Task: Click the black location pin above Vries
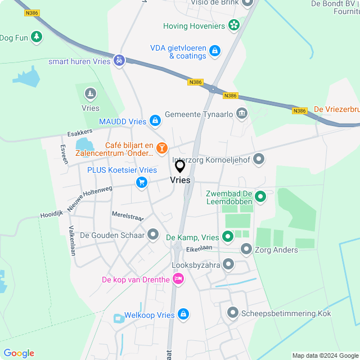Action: pyautogui.click(x=180, y=166)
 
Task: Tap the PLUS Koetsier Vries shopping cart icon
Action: pyautogui.click(x=141, y=182)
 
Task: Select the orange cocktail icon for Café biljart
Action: pyautogui.click(x=161, y=148)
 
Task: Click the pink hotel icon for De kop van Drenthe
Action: pyautogui.click(x=178, y=278)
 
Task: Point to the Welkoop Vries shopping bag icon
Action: pyautogui.click(x=183, y=314)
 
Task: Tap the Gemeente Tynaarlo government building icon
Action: pyautogui.click(x=242, y=114)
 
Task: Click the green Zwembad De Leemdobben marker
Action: pyautogui.click(x=260, y=197)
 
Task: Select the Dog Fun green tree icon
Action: pyautogui.click(x=37, y=37)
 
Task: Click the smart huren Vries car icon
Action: pyautogui.click(x=119, y=60)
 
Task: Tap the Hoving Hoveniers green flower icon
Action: pyautogui.click(x=233, y=25)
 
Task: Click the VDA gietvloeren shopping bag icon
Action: pyautogui.click(x=214, y=51)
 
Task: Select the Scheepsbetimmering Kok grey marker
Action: pyautogui.click(x=233, y=313)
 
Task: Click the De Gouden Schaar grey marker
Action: pyautogui.click(x=153, y=235)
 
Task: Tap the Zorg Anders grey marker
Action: pyautogui.click(x=246, y=249)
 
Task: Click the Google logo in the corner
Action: pyautogui.click(x=19, y=353)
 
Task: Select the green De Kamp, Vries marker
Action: pyautogui.click(x=228, y=237)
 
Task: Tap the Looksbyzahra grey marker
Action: pyautogui.click(x=228, y=264)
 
